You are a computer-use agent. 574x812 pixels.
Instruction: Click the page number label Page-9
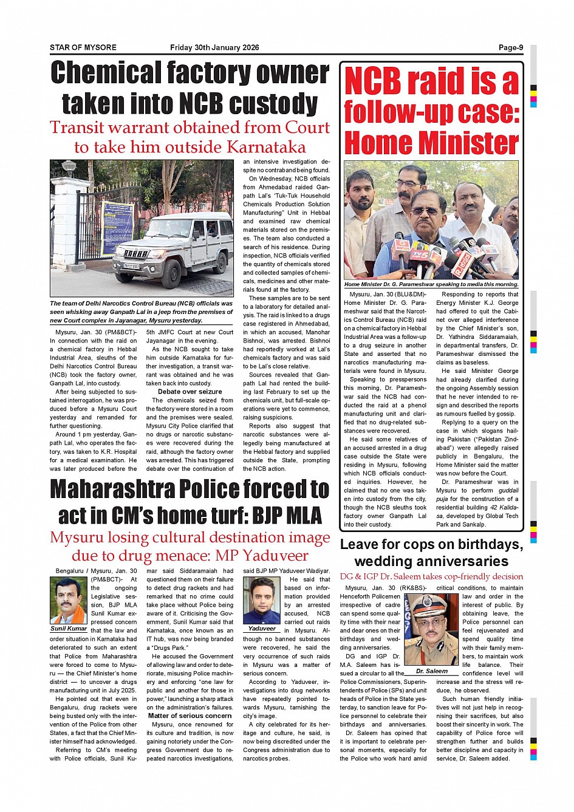tap(511, 47)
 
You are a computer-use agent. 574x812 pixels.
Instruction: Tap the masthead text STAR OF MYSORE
tap(83, 47)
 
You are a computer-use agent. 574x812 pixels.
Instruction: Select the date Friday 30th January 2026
tap(214, 47)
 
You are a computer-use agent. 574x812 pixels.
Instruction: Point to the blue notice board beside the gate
tap(117, 222)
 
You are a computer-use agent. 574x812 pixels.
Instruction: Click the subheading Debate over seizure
tap(190, 392)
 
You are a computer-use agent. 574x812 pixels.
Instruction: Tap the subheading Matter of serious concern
tap(190, 715)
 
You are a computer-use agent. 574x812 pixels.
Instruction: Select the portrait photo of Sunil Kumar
tap(69, 600)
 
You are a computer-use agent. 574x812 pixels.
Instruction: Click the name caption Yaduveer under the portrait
tap(262, 629)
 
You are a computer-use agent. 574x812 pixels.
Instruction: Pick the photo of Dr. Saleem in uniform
tap(431, 630)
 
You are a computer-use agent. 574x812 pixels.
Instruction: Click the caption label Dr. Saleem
tap(432, 671)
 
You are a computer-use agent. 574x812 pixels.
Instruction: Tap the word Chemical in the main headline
tap(108, 73)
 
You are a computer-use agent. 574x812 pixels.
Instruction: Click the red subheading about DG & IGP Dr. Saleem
tap(431, 576)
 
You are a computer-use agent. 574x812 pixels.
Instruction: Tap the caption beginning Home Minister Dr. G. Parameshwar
tap(431, 284)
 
